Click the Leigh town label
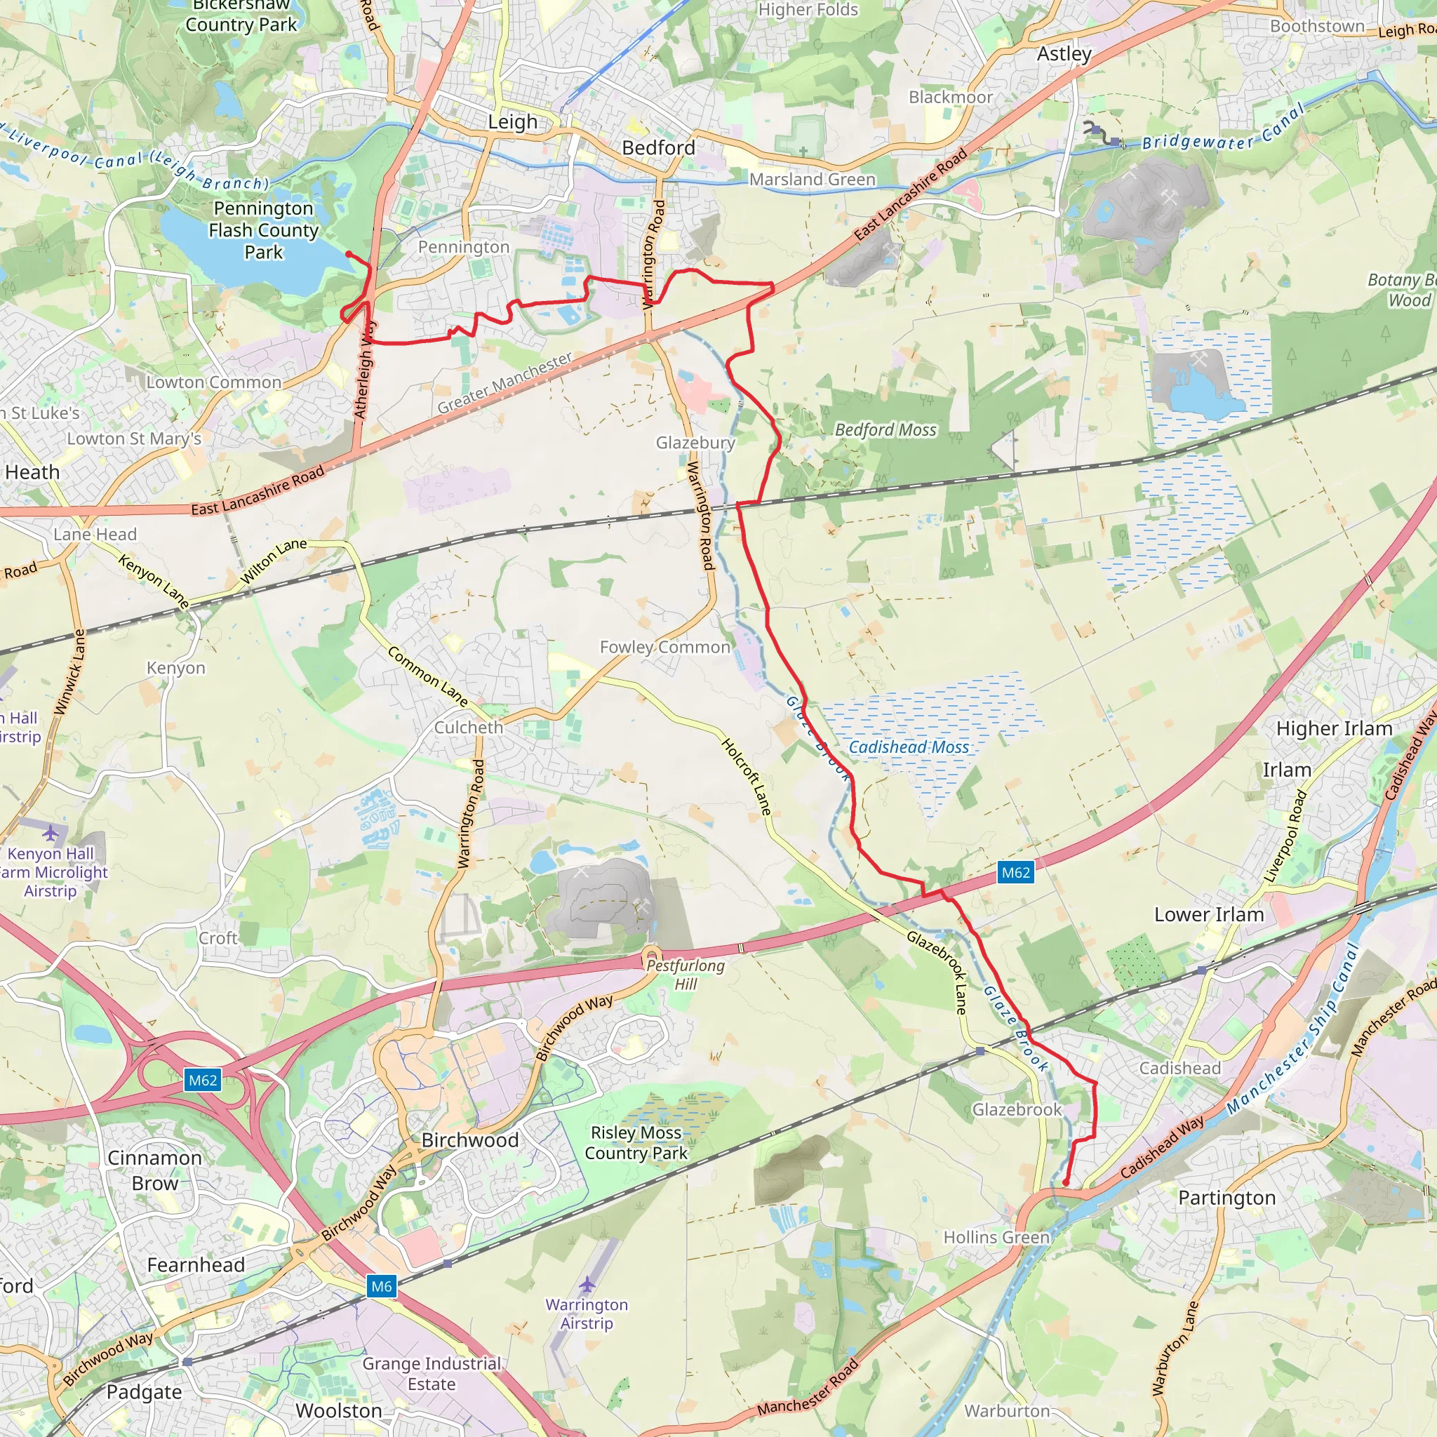click(x=512, y=122)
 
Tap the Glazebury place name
click(x=695, y=443)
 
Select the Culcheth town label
click(x=469, y=728)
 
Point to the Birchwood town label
click(x=470, y=1140)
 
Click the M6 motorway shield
click(x=381, y=1286)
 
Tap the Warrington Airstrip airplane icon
click(x=587, y=1284)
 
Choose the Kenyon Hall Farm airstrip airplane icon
click(x=51, y=832)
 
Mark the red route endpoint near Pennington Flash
click(x=348, y=255)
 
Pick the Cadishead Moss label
click(x=909, y=747)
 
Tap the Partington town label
click(x=1227, y=1198)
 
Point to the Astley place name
click(x=1064, y=53)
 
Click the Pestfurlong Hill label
click(x=685, y=975)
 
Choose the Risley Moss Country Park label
click(x=636, y=1142)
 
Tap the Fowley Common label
click(x=665, y=647)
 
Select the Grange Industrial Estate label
click(x=432, y=1374)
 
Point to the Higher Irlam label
click(x=1334, y=728)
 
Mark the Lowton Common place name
click(x=213, y=382)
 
